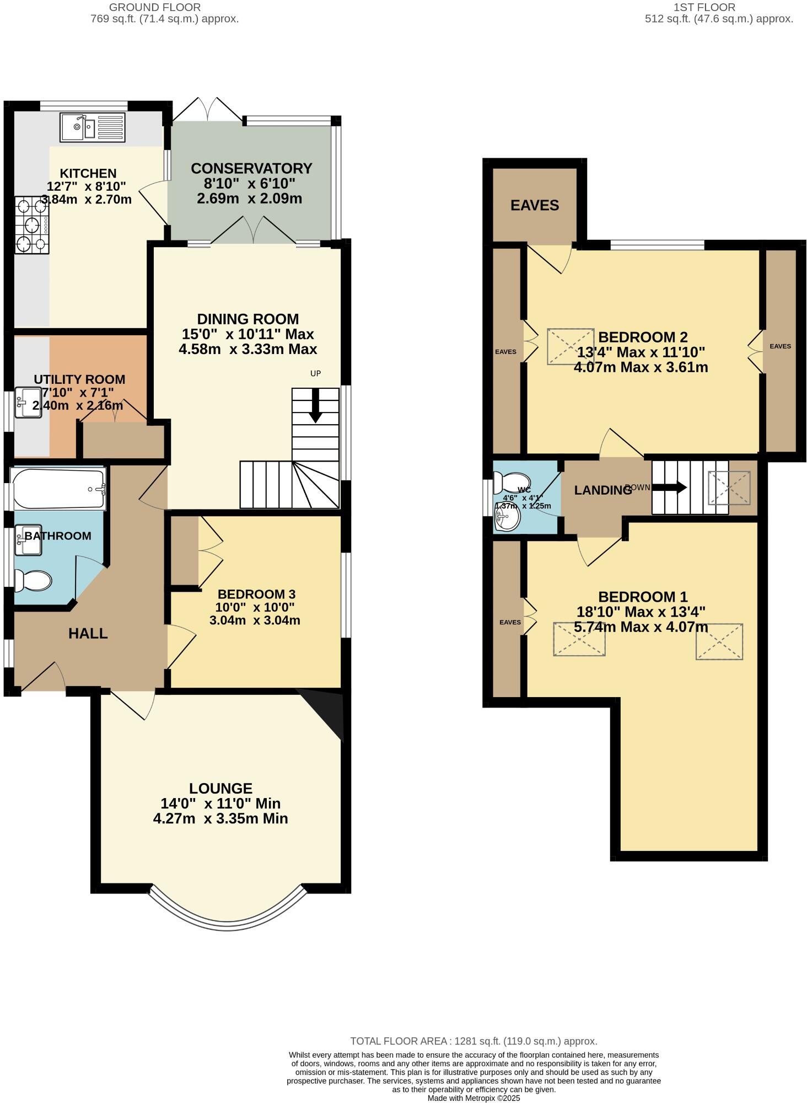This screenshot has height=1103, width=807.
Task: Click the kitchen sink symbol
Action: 93,127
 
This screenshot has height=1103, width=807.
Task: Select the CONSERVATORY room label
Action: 251,168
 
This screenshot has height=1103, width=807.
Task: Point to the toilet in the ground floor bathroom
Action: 33,581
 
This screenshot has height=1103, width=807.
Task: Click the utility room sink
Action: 28,403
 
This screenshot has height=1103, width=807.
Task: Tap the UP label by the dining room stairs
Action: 315,373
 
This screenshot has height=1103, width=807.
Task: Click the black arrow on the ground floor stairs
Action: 315,406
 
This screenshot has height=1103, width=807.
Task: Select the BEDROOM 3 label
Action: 256,594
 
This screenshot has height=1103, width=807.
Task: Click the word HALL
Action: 88,634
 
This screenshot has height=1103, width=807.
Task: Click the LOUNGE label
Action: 220,788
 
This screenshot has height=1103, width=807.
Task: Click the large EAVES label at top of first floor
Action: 534,206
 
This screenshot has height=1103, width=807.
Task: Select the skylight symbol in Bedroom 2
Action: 570,346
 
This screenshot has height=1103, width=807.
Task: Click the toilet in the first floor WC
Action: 508,483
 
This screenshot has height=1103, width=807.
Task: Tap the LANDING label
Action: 602,490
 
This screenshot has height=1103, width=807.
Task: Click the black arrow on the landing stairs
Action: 669,488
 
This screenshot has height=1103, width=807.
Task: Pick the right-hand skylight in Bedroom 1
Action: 719,641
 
